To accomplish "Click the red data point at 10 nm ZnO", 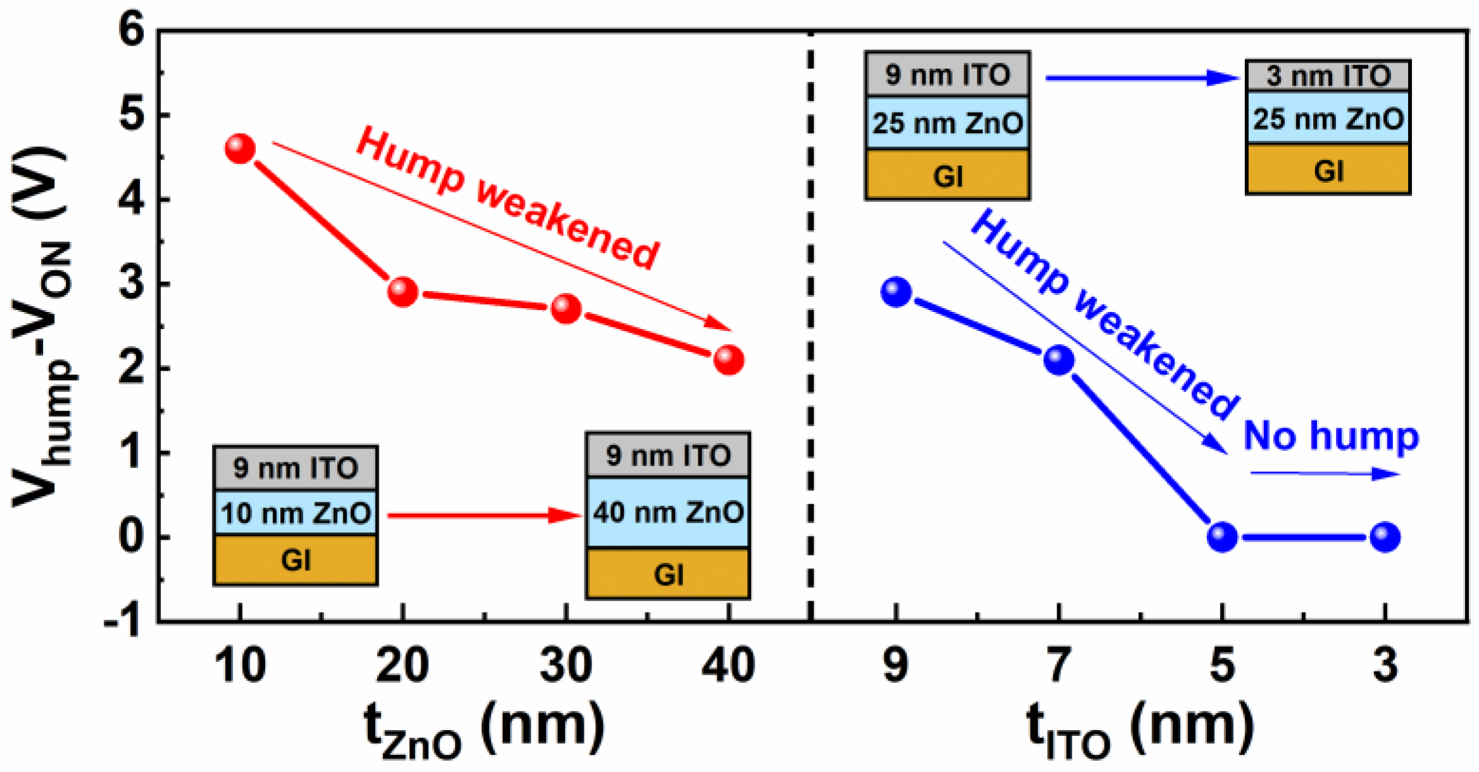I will click(x=240, y=149).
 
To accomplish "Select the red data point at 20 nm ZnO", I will click(x=403, y=292).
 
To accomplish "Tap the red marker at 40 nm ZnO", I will click(x=729, y=360).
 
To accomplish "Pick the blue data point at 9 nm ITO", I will click(x=896, y=292).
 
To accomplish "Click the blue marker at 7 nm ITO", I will click(x=1059, y=360).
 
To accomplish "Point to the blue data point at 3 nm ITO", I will click(x=1385, y=537).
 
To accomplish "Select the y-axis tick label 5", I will click(x=132, y=116).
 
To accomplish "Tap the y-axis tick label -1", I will click(x=123, y=623).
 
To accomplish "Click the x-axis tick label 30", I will click(x=566, y=665).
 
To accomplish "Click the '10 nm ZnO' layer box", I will click(x=295, y=513).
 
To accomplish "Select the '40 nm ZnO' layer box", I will click(x=668, y=512).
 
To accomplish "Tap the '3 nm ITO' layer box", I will click(x=1328, y=76).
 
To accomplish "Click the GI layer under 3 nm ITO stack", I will click(x=1328, y=170).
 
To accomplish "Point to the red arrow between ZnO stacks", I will click(x=483, y=515).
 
